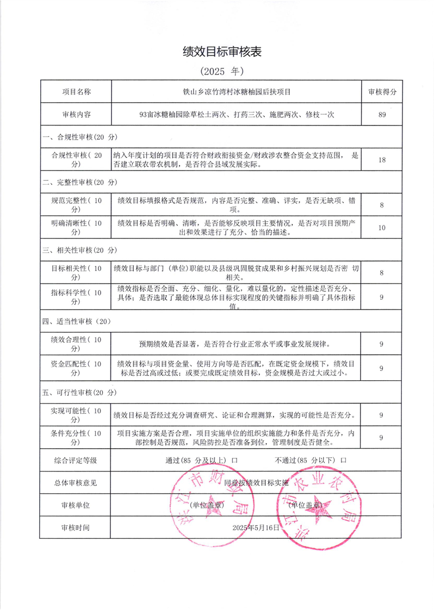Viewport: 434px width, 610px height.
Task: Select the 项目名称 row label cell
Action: click(x=76, y=92)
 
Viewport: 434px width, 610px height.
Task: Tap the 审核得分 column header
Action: click(x=382, y=92)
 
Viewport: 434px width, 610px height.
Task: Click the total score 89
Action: click(x=382, y=115)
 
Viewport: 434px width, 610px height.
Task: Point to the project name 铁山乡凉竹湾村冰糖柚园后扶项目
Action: click(x=237, y=92)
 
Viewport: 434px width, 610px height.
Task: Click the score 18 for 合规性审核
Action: click(x=382, y=160)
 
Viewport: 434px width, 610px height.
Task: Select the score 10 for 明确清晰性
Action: click(x=382, y=228)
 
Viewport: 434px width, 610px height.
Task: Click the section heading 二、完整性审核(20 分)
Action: click(x=80, y=182)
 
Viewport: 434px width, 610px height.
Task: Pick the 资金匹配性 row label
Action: click(x=76, y=368)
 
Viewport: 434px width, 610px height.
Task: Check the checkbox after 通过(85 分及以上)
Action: click(x=234, y=460)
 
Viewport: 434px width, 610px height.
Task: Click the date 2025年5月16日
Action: click(x=256, y=527)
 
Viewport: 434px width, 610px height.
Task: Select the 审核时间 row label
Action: click(x=76, y=527)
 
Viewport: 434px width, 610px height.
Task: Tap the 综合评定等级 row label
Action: click(x=76, y=460)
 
